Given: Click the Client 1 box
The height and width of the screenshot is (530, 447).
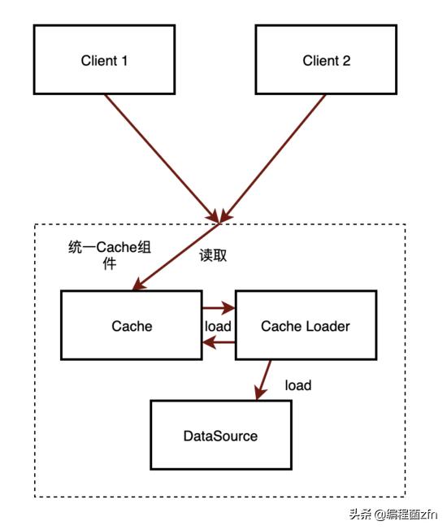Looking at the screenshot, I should (105, 59).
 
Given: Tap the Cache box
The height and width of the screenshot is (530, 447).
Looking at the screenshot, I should (131, 326).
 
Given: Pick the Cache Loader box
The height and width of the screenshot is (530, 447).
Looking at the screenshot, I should (305, 326).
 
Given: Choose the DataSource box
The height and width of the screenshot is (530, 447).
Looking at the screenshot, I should (219, 436).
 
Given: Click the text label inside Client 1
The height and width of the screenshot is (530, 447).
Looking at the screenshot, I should (105, 60).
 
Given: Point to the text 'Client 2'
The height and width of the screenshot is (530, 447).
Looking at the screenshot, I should (326, 60).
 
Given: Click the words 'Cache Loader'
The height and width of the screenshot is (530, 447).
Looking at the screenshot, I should (305, 326).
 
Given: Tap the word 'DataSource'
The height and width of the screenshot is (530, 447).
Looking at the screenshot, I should (219, 437).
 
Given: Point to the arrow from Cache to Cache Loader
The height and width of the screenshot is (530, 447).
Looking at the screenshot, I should (218, 309).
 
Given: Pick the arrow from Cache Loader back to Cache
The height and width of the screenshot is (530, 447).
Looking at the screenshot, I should (218, 343).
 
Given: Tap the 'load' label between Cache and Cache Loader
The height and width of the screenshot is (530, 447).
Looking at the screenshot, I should (218, 326).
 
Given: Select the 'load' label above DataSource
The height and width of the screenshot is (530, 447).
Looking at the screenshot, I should (297, 384).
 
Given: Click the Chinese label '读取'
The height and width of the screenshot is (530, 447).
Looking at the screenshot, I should (213, 254).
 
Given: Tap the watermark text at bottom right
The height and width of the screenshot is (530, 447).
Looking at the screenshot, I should (394, 514).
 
